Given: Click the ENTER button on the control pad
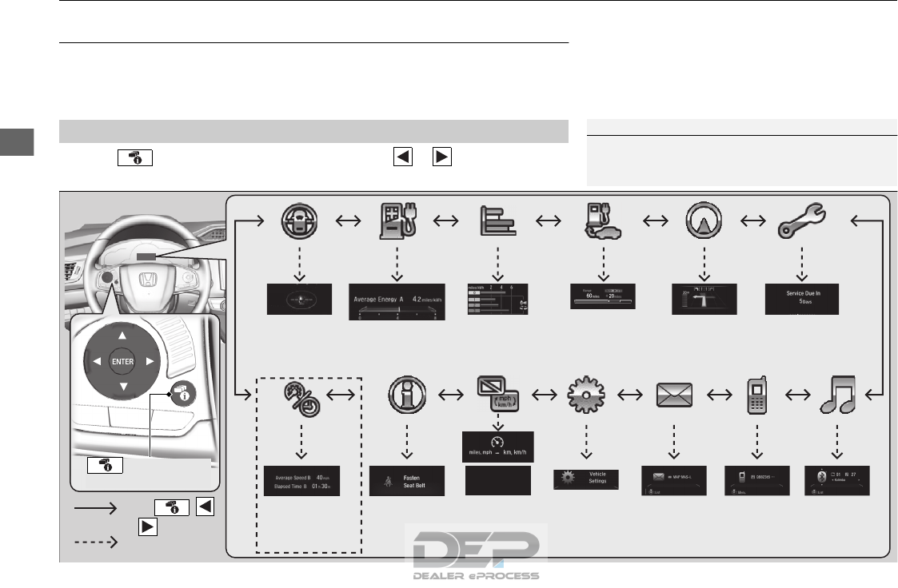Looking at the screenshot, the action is click(x=122, y=360).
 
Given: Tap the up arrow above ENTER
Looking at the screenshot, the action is click(x=122, y=335).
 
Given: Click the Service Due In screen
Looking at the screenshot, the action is click(x=802, y=299).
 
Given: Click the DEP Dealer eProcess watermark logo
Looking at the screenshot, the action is click(x=476, y=552).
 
